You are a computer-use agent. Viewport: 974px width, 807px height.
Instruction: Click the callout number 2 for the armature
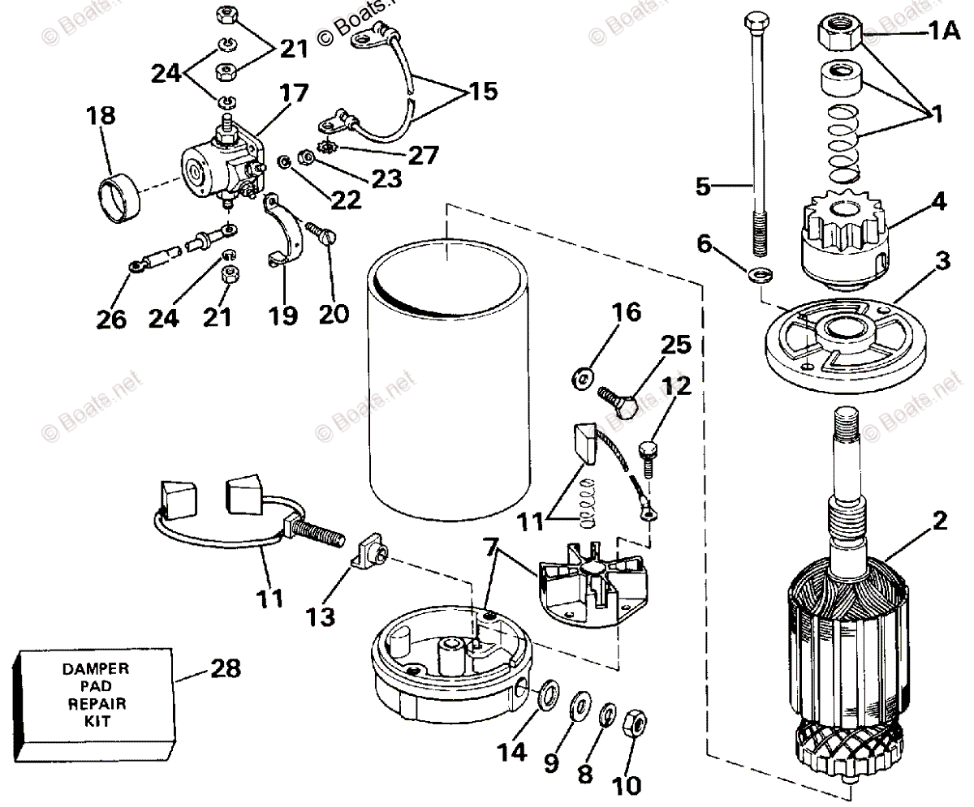pos(939,521)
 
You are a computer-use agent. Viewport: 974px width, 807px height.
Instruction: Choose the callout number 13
pos(321,617)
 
